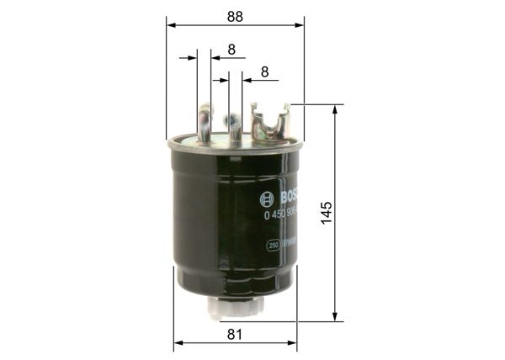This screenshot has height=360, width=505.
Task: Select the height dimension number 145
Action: point(327,213)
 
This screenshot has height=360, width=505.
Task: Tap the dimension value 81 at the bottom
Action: point(235,334)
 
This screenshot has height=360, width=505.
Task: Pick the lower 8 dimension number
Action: point(264,72)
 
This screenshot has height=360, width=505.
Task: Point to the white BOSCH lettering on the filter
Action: point(288,199)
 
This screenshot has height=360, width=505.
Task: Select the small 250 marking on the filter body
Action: point(273,245)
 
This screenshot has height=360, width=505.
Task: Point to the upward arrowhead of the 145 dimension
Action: point(336,110)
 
